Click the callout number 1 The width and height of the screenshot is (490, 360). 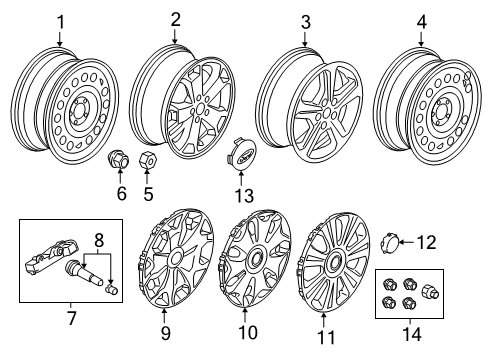(60, 20)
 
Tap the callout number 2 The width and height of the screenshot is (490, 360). (176, 19)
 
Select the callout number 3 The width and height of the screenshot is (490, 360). (306, 22)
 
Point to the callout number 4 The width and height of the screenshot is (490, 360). (422, 20)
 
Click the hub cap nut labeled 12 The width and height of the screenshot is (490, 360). (392, 241)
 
